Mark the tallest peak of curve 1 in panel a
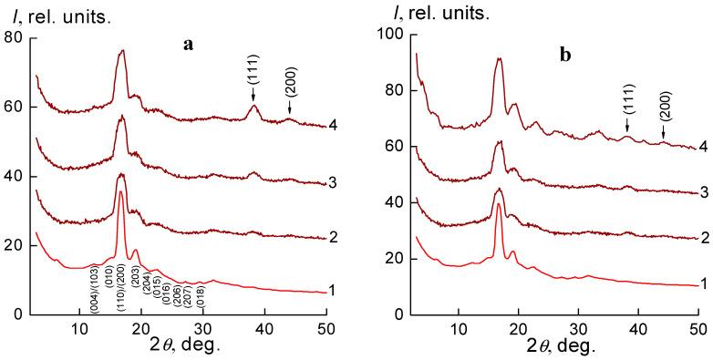tap(120, 191)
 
